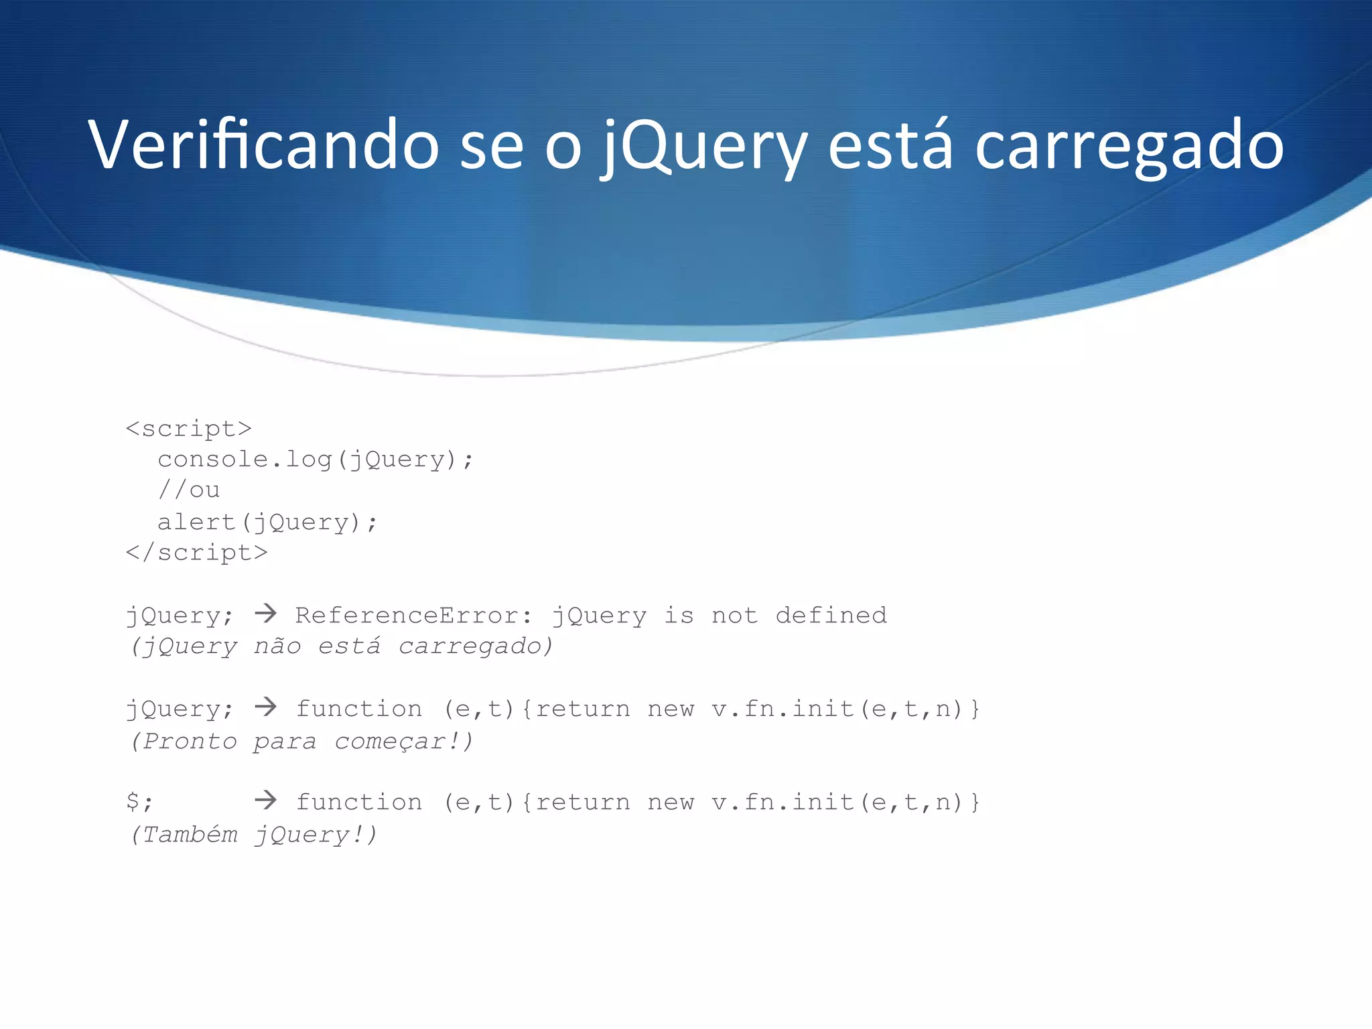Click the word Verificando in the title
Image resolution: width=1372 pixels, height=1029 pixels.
tap(263, 145)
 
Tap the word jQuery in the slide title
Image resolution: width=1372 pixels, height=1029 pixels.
tap(704, 146)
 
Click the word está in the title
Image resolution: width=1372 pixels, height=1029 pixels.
tap(890, 145)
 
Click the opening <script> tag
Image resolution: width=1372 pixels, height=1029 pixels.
tap(189, 429)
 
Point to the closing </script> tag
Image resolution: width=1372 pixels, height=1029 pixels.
tap(197, 553)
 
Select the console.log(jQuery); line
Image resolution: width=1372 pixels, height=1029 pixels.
tap(316, 460)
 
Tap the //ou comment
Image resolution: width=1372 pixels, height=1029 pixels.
tap(189, 490)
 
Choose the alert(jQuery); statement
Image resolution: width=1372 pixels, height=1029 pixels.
tap(267, 522)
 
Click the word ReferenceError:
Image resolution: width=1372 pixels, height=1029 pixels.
tap(414, 615)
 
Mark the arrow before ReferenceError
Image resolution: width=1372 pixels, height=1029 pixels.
tap(266, 613)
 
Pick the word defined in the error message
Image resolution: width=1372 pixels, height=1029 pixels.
tap(831, 615)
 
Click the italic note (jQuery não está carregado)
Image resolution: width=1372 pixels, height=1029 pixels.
tap(342, 646)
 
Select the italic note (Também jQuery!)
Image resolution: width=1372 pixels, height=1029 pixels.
tap(254, 835)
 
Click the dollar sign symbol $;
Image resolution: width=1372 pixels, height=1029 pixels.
tap(139, 802)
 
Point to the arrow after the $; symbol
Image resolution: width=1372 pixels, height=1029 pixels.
tap(266, 799)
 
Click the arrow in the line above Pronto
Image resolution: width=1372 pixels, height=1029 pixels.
tap(266, 706)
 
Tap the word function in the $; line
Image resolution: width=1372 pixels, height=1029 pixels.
tap(359, 802)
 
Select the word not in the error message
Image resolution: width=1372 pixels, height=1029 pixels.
tap(734, 615)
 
